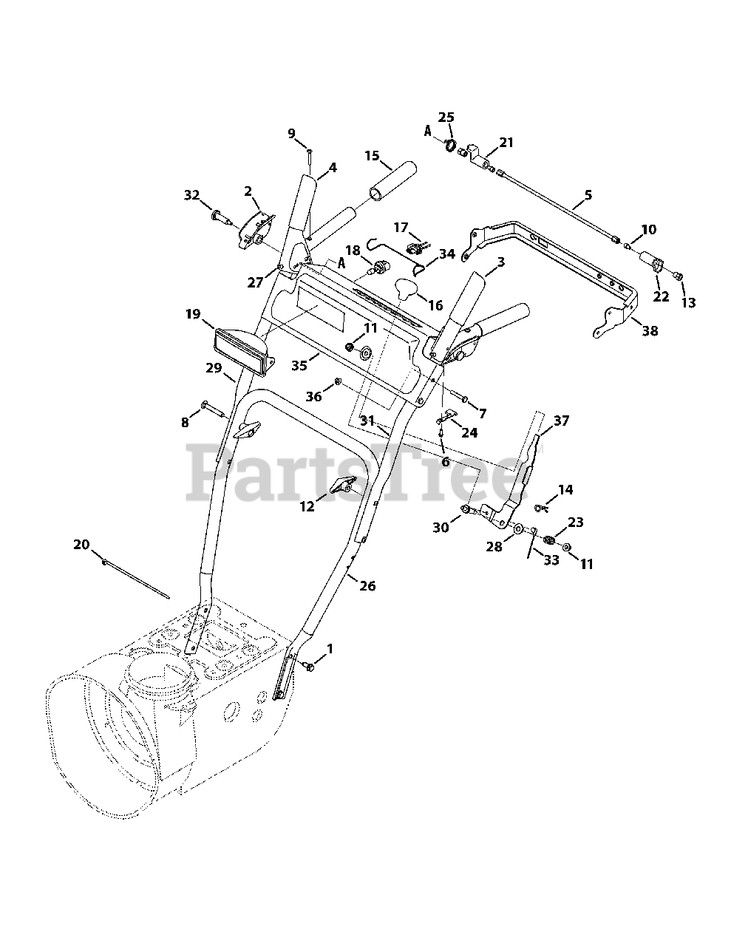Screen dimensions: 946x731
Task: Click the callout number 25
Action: coord(446,118)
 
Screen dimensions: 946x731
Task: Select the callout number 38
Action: coord(650,331)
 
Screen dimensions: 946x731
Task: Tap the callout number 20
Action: coord(81,545)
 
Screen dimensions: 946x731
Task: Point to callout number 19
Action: coord(193,314)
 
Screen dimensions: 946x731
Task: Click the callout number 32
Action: coord(192,195)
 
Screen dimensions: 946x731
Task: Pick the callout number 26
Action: coord(367,586)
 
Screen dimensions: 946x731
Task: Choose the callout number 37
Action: coord(562,421)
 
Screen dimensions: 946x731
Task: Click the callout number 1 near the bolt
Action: coord(330,648)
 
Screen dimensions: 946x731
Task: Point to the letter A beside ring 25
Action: coord(427,131)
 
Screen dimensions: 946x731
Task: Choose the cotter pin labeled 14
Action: coord(543,507)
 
